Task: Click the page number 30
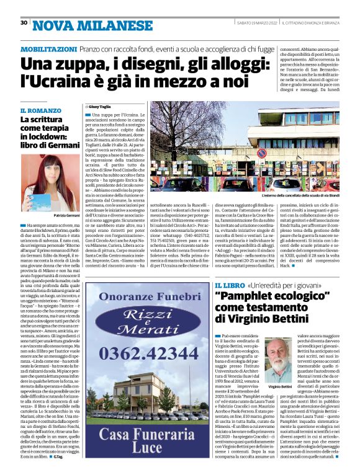pos(24,22)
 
